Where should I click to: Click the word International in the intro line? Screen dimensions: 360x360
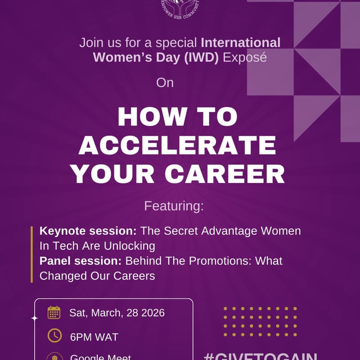point(241,43)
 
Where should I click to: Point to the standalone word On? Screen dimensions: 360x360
point(165,83)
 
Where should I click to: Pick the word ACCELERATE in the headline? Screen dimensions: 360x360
point(180,146)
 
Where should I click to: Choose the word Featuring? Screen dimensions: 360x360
point(174,207)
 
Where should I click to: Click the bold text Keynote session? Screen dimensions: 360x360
point(88,231)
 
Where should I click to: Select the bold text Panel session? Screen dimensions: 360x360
point(81,261)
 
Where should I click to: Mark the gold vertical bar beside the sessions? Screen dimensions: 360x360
point(32,254)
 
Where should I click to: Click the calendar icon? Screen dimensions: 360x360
point(54,312)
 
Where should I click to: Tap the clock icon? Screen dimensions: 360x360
point(54,336)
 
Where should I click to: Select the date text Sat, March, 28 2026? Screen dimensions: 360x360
point(117,313)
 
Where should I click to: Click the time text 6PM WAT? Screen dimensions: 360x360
point(94,337)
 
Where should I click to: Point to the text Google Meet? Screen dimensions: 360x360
point(101,357)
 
